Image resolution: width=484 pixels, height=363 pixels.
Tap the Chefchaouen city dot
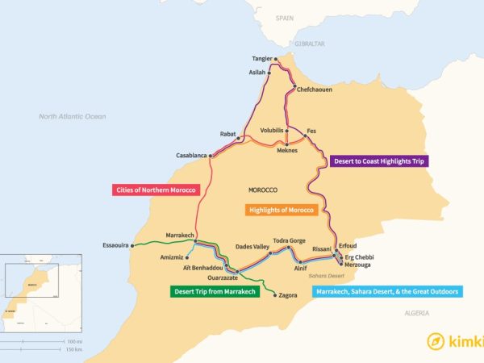pyautogui.click(x=295, y=87)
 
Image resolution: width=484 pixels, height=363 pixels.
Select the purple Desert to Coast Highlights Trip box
pyautogui.click(x=378, y=161)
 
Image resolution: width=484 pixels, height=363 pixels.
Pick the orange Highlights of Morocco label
pyautogui.click(x=280, y=210)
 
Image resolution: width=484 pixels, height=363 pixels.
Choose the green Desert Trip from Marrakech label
pyautogui.click(x=214, y=291)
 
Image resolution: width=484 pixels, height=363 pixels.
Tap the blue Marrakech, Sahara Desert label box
pyautogui.click(x=387, y=291)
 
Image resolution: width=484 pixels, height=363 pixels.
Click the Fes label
pyautogui.click(x=311, y=131)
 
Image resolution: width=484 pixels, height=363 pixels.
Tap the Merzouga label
pyautogui.click(x=358, y=265)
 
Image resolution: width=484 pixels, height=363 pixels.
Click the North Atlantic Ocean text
pyautogui.click(x=73, y=116)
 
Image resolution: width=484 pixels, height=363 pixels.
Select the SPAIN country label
pyautogui.click(x=284, y=17)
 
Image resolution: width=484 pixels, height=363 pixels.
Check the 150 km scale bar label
pyautogui.click(x=74, y=349)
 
